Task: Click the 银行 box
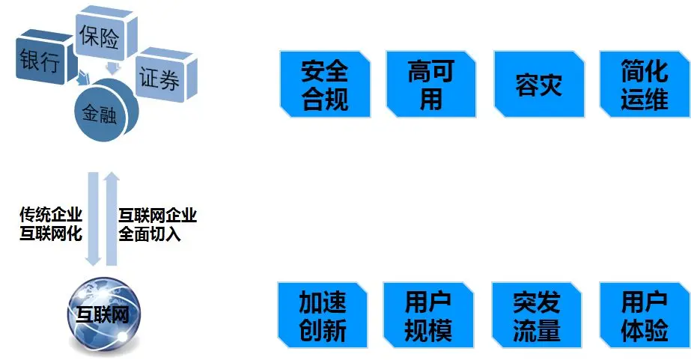click(x=40, y=61)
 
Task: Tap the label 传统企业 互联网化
click(x=51, y=225)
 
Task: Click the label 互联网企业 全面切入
click(x=157, y=225)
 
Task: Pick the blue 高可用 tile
click(x=431, y=85)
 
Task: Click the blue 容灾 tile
click(x=538, y=85)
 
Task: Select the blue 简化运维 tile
click(x=644, y=85)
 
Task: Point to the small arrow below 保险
click(x=112, y=69)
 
